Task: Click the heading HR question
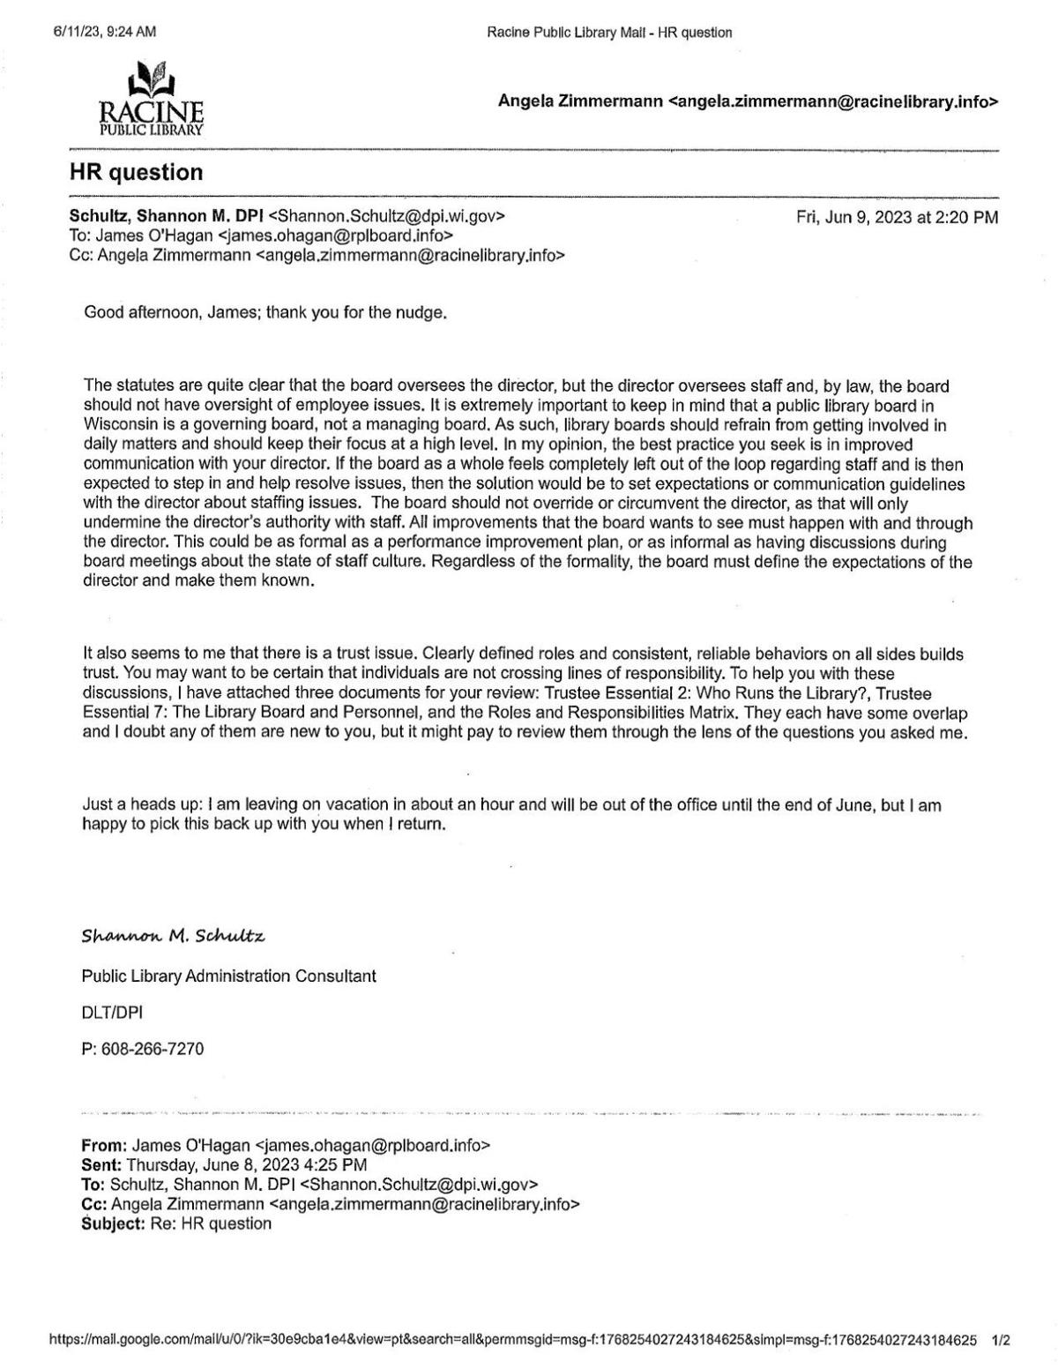136,172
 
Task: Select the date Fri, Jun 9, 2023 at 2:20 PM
897,217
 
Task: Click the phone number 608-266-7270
153,1049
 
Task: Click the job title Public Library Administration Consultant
228,976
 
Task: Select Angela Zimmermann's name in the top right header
580,101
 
